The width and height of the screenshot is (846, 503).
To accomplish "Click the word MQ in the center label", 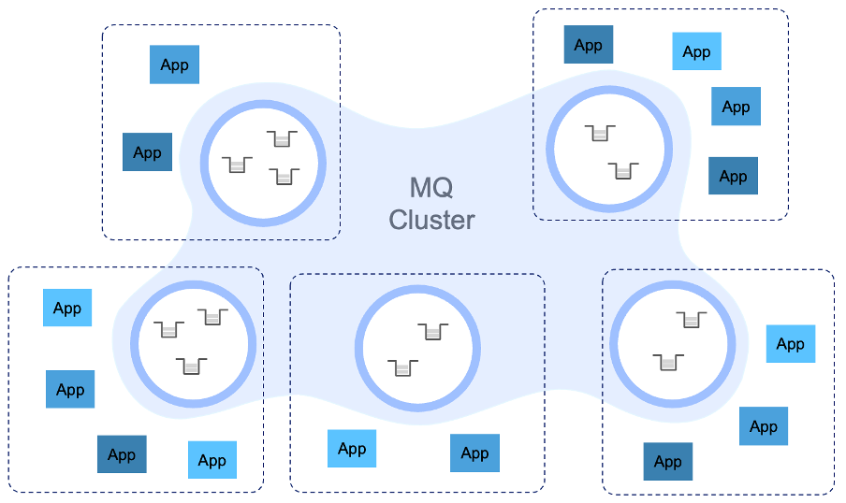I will click(431, 187).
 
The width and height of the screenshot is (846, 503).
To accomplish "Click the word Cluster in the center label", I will click(431, 220).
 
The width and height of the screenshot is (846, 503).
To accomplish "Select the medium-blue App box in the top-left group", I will click(174, 65).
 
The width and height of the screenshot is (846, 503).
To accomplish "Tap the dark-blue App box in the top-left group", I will click(147, 152).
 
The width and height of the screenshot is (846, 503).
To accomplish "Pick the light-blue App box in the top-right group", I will click(696, 51).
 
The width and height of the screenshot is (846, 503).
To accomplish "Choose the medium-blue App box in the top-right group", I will click(736, 107).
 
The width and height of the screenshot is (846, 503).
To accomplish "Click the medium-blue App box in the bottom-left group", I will click(70, 390).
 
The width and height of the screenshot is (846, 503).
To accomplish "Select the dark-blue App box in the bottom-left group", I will click(122, 454).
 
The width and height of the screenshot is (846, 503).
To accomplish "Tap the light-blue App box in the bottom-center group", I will click(352, 449).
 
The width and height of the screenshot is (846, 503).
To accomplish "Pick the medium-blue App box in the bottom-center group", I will click(474, 453).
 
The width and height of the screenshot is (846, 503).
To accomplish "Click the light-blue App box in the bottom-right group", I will click(790, 344).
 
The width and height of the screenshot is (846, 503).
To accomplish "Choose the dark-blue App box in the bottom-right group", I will click(667, 461).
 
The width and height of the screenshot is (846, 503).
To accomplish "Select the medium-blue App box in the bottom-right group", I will click(763, 426).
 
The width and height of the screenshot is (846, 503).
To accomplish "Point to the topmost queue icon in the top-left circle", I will click(282, 139).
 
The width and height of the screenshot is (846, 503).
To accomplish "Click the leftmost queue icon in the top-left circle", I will click(238, 165).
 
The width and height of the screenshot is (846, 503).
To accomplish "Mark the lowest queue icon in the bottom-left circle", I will click(192, 365).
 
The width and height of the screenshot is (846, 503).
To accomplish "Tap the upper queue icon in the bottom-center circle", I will click(431, 331).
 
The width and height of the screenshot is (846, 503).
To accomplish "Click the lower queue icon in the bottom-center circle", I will click(403, 367).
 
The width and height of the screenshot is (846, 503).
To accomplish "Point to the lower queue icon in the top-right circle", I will click(622, 170).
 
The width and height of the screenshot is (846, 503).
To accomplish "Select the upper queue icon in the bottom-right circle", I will click(691, 320).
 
